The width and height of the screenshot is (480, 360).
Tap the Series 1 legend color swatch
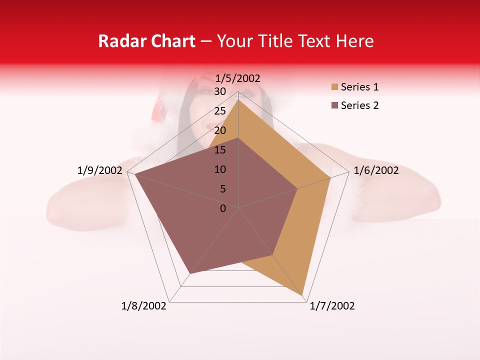334,87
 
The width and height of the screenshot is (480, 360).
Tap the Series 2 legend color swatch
334,105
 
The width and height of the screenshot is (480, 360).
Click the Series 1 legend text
359,87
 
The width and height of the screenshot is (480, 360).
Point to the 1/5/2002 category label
237,78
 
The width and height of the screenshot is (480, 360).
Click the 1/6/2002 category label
376,170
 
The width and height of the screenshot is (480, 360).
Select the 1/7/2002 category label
332,306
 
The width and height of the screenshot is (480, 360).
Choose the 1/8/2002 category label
144,306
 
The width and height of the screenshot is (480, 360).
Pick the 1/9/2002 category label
99,170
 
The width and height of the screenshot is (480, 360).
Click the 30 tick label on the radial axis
220,91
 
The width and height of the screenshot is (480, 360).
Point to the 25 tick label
220,111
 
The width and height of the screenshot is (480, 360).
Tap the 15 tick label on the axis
220,150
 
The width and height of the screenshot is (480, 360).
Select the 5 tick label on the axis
222,189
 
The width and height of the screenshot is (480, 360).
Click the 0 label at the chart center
223,208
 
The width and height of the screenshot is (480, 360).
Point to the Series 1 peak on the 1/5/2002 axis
238,99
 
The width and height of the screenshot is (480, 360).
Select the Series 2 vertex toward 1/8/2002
190,274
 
